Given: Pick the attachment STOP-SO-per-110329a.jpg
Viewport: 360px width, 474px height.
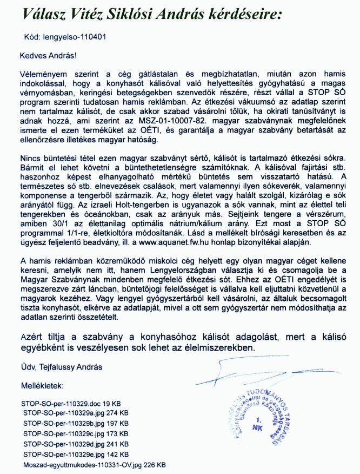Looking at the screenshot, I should click(x=65, y=413).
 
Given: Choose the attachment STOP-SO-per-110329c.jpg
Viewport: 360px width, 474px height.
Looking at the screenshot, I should click(x=65, y=434).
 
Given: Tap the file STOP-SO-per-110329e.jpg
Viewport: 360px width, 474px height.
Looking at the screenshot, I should click(x=65, y=455).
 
